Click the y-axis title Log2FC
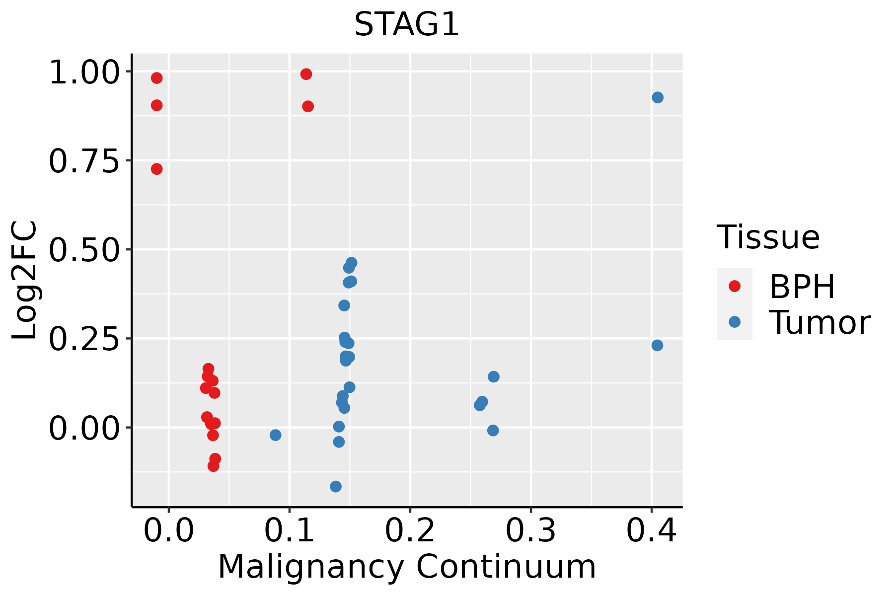(25, 281)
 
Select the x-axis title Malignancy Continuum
(406, 567)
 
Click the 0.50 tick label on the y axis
(84, 250)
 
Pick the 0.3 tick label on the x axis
(530, 530)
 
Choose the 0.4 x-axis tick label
(651, 530)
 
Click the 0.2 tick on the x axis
(410, 530)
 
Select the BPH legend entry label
(802, 287)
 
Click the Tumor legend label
(819, 323)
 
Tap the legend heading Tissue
(768, 237)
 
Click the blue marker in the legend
(734, 322)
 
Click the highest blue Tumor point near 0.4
(658, 97)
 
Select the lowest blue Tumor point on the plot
(336, 486)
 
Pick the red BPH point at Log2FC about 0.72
(157, 169)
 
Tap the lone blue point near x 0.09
(276, 435)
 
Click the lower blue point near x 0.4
(657, 345)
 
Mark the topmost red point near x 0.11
(306, 74)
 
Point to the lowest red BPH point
(214, 466)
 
